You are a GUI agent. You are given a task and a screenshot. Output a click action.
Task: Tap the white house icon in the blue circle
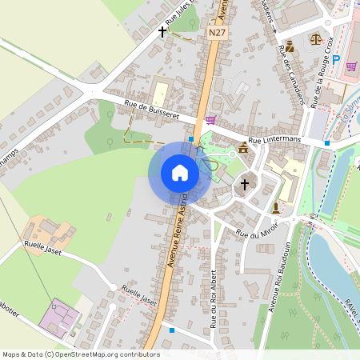(180, 172)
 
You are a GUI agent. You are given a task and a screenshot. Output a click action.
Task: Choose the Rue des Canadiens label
(292, 75)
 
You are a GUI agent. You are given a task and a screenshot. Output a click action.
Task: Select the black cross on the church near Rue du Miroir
(245, 185)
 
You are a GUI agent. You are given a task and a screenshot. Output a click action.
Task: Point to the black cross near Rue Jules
(162, 32)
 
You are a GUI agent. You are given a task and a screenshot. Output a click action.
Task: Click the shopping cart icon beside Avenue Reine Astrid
(210, 120)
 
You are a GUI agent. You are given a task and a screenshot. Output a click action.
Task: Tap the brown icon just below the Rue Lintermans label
(242, 147)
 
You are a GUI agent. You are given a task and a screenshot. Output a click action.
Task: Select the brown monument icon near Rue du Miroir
(276, 208)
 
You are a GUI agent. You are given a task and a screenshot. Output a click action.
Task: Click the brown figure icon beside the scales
(290, 46)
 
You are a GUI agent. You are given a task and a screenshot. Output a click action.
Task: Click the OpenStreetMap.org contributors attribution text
(108, 354)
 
